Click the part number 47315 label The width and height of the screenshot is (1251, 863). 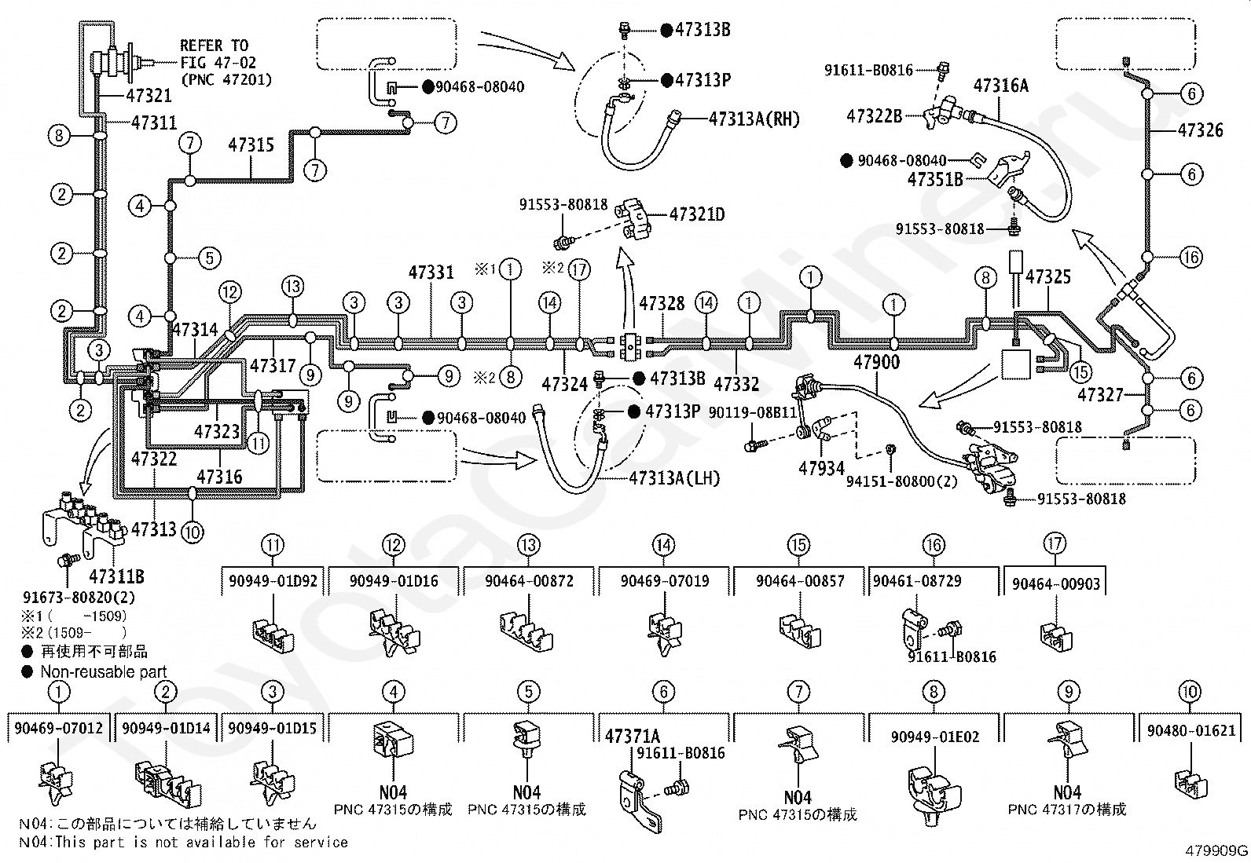point(251,145)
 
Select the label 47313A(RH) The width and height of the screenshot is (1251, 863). point(754,119)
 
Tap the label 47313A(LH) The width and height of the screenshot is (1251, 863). point(675,478)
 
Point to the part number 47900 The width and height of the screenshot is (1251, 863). point(876,362)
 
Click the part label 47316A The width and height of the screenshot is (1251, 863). point(1001,86)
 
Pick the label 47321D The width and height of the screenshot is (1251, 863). point(697,214)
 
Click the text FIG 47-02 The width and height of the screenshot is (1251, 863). point(218,63)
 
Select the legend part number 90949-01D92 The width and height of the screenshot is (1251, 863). point(273,581)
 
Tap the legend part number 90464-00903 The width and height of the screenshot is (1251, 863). point(1056,584)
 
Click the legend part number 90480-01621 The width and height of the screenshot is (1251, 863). point(1191,731)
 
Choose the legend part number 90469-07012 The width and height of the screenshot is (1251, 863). point(59,728)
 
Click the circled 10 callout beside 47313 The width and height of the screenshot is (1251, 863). point(192,532)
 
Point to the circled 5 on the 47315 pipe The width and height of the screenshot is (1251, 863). point(210,258)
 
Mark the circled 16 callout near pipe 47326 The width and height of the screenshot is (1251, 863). point(1190,258)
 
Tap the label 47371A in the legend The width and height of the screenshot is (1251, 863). point(633,737)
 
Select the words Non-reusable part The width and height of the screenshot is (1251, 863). point(104,671)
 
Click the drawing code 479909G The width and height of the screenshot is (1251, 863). point(1216,850)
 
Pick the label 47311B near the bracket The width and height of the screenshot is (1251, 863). point(117,576)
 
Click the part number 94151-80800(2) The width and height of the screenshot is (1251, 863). point(901,481)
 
